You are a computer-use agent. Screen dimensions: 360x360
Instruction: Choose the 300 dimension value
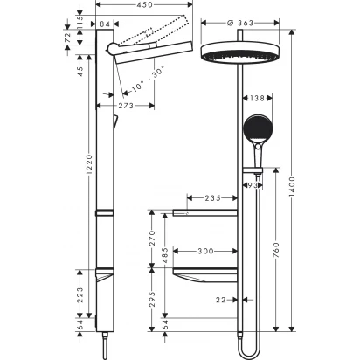pos(205,251)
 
